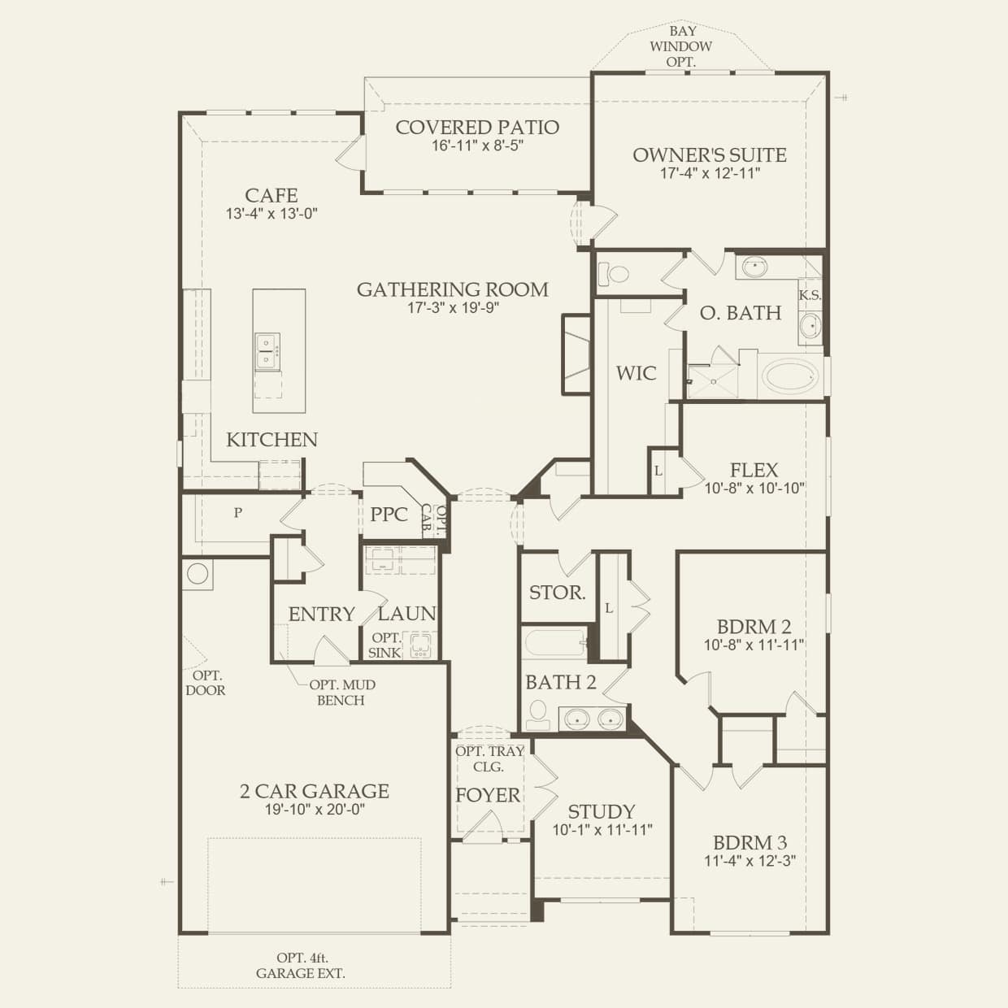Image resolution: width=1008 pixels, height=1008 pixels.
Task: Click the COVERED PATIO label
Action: click(477, 128)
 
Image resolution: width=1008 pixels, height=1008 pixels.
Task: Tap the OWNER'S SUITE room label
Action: click(710, 155)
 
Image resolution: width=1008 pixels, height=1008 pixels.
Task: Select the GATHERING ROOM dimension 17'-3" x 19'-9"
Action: click(453, 308)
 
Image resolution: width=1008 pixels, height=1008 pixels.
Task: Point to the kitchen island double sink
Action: click(266, 351)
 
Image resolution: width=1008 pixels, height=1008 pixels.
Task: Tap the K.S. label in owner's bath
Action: click(810, 295)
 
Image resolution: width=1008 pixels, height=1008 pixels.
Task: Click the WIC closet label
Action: click(636, 373)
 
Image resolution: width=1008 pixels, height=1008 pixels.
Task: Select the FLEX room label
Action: click(754, 470)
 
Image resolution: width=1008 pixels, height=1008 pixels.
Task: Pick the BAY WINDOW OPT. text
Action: click(680, 46)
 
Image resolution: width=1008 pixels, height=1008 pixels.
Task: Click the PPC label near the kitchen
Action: click(389, 515)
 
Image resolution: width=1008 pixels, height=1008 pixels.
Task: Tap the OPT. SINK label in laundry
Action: click(385, 645)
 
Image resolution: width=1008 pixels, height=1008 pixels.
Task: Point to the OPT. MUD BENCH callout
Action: click(341, 693)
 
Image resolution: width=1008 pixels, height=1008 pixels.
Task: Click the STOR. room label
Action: click(558, 593)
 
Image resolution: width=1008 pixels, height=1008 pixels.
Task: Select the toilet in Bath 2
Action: click(537, 715)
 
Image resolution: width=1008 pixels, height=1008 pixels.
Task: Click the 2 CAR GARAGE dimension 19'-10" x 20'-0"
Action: click(314, 810)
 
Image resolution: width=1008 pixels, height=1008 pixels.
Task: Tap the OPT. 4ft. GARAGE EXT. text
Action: click(301, 966)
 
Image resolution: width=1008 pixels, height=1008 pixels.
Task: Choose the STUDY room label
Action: click(602, 812)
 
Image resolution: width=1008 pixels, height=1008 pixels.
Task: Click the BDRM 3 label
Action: click(749, 843)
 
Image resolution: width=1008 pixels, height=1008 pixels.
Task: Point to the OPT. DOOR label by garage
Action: click(205, 683)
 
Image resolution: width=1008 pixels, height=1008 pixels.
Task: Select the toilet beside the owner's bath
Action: click(619, 273)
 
